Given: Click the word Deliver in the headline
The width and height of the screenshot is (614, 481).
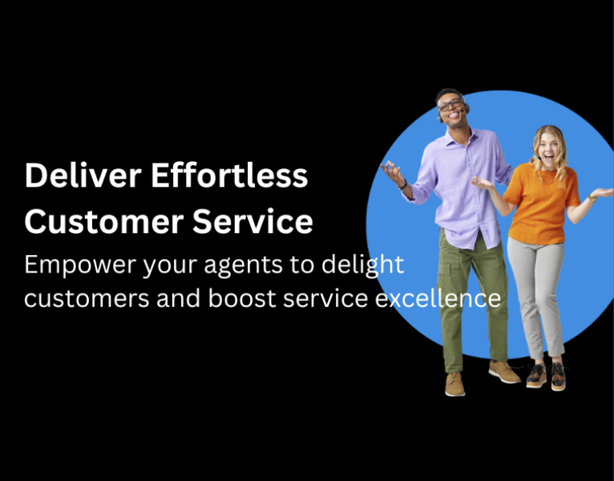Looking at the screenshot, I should click(x=69, y=176).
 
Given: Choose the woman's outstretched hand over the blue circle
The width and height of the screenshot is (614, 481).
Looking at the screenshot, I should click(x=600, y=193).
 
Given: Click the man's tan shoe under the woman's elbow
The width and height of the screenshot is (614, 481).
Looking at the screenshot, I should click(x=504, y=370).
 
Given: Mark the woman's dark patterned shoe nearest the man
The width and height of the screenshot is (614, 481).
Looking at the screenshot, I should click(x=536, y=374).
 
